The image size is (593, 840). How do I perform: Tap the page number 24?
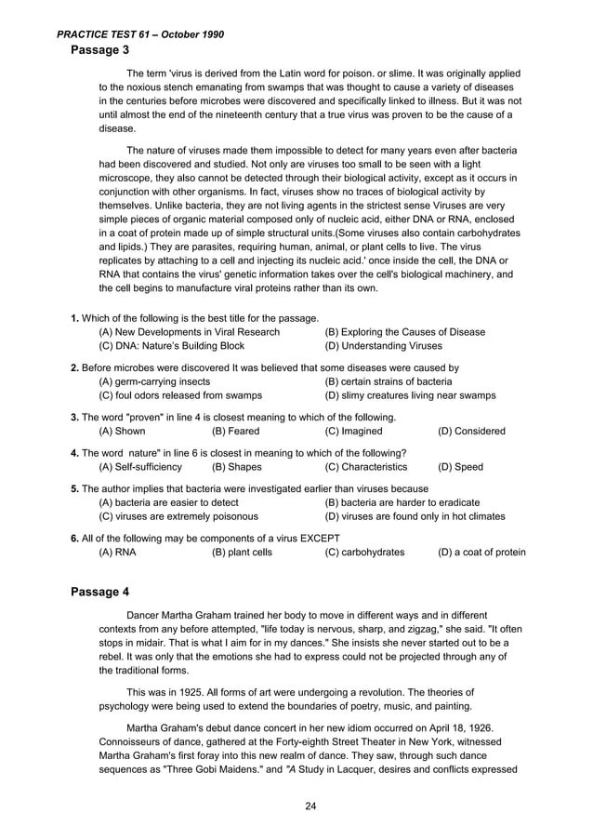click(311, 806)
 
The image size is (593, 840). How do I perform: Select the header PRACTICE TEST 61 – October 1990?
click(140, 34)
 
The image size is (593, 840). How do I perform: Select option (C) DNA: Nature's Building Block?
click(165, 347)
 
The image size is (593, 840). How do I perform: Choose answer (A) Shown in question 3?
click(122, 432)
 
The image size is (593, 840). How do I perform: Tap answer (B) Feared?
click(236, 432)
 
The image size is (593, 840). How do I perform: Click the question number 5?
click(74, 488)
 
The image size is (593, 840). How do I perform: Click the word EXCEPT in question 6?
click(317, 538)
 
